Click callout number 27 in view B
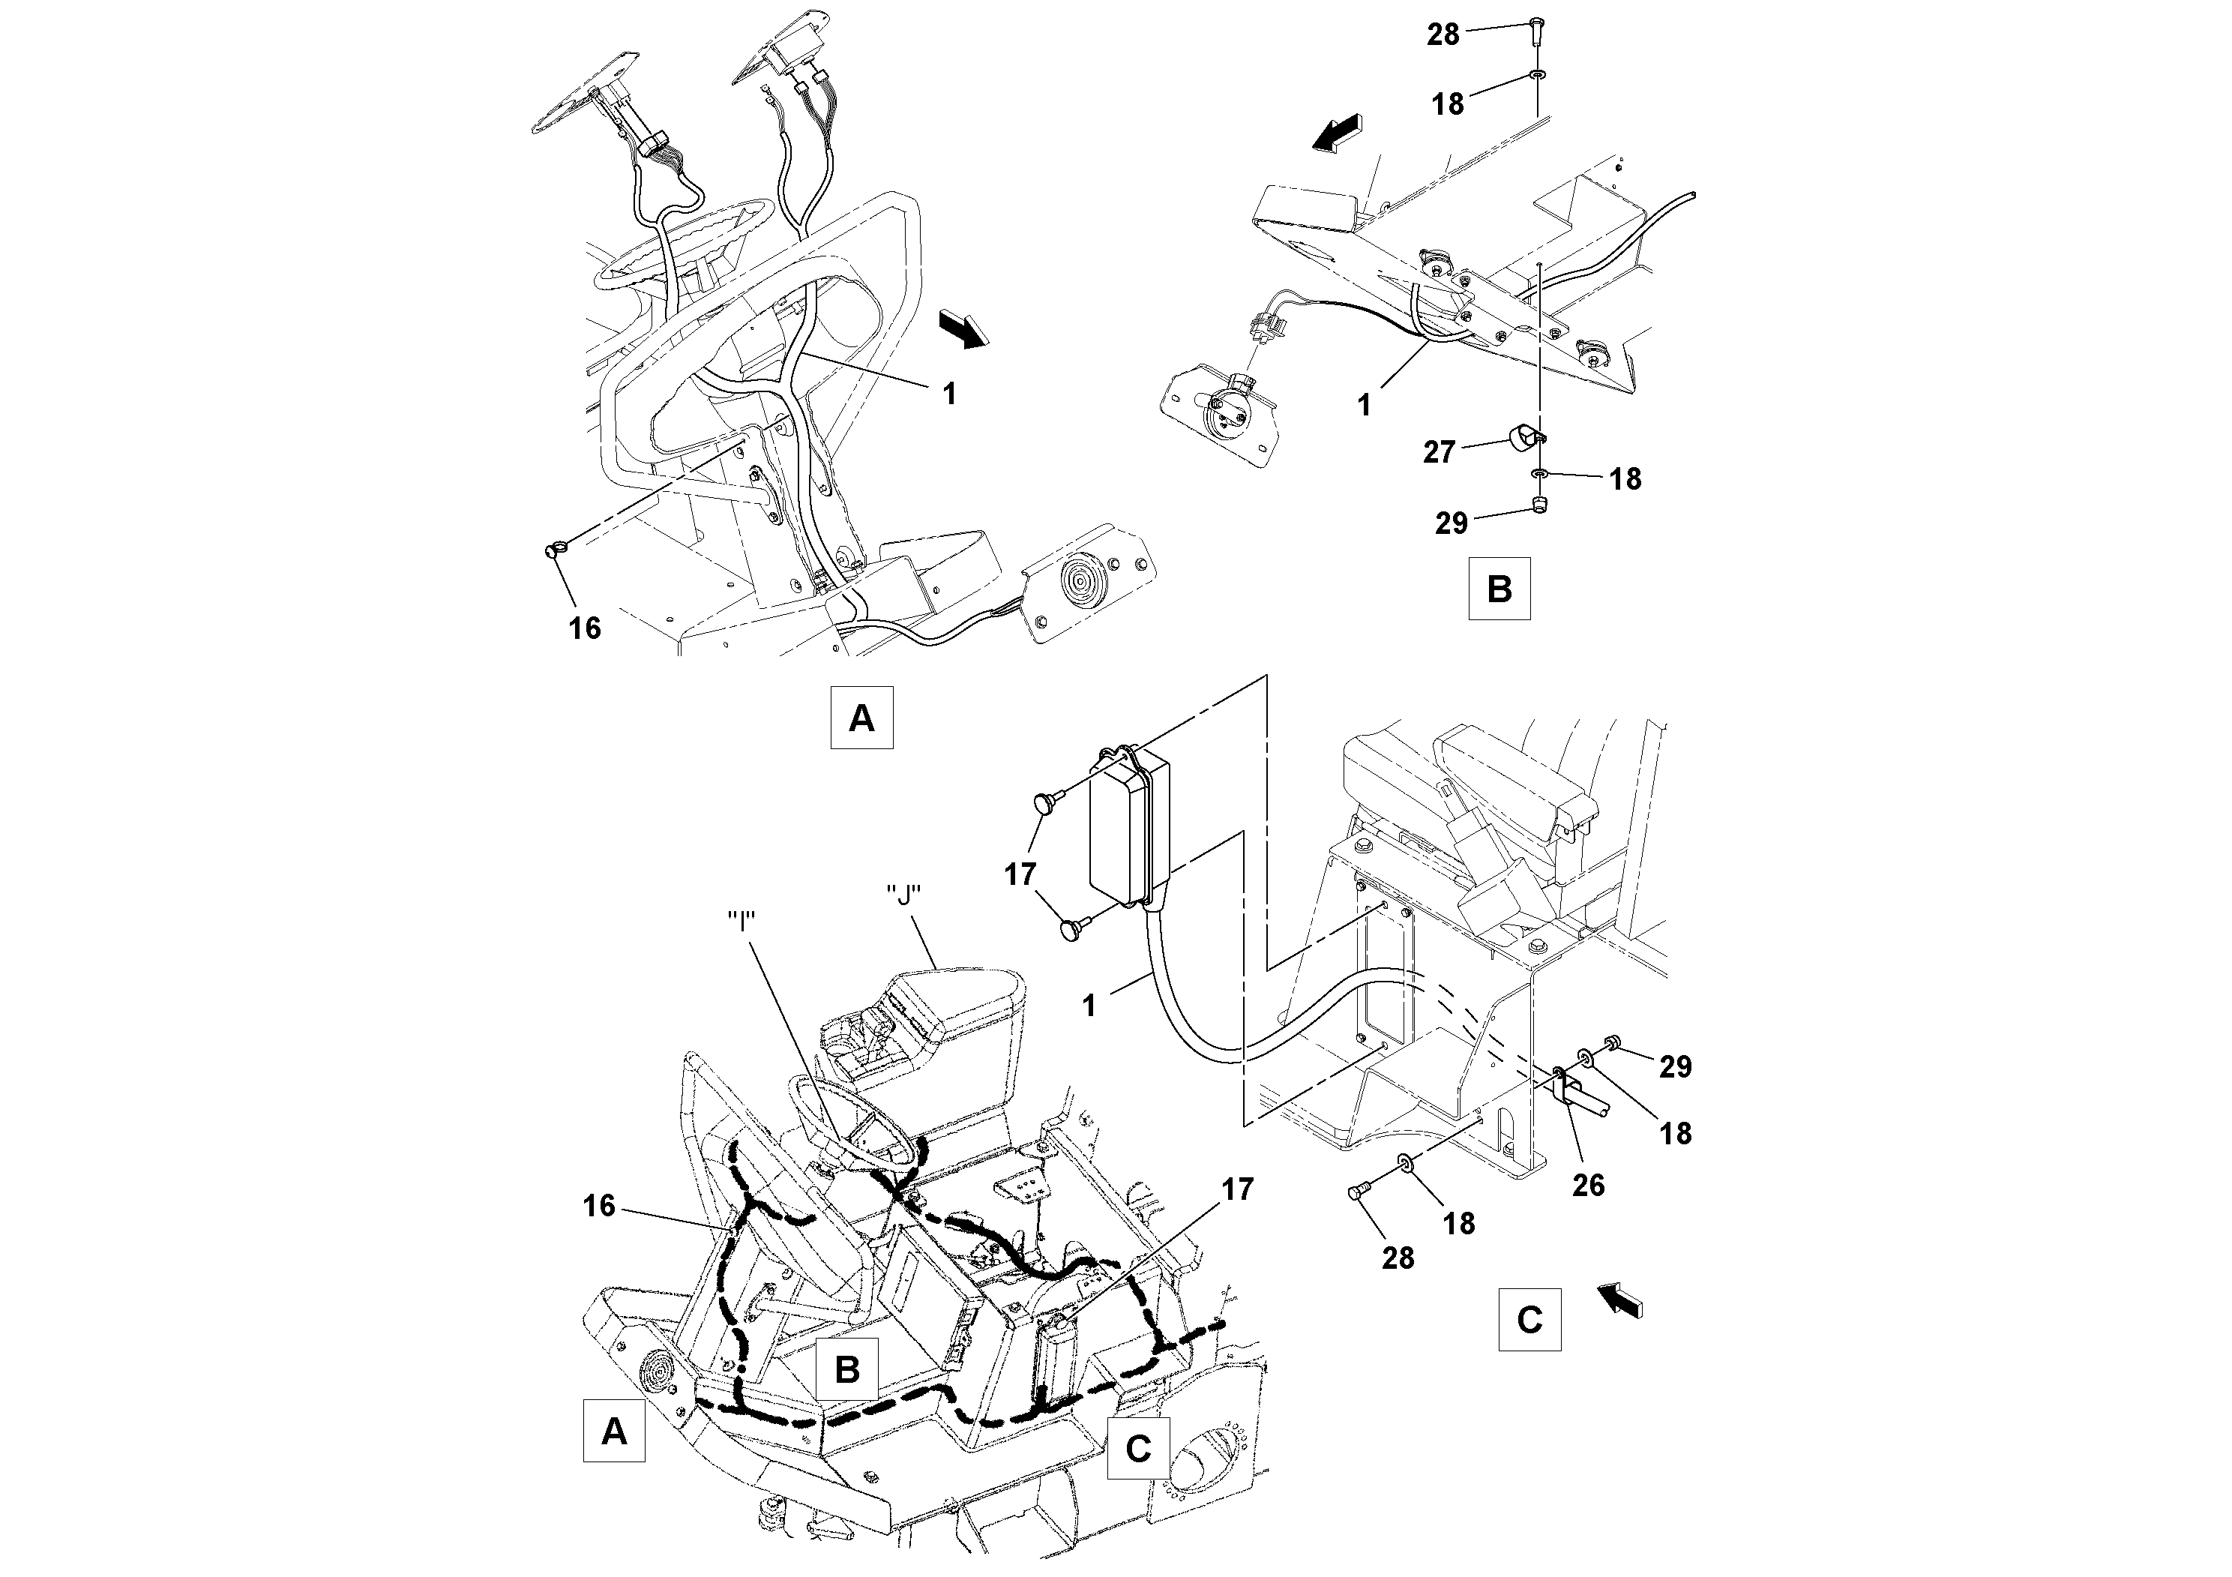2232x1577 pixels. click(x=1439, y=452)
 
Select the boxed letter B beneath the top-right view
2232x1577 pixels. click(x=1499, y=588)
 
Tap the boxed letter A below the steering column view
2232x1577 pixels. click(x=861, y=718)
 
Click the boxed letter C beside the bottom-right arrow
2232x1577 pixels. click(x=1529, y=1319)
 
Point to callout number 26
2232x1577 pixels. click(x=1589, y=1184)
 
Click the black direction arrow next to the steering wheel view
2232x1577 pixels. click(x=963, y=328)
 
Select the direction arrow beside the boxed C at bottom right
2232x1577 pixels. click(x=1619, y=1299)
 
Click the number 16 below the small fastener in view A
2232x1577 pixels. click(x=584, y=628)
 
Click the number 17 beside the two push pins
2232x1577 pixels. click(x=1020, y=874)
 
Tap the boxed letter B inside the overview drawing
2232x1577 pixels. click(x=846, y=1369)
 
